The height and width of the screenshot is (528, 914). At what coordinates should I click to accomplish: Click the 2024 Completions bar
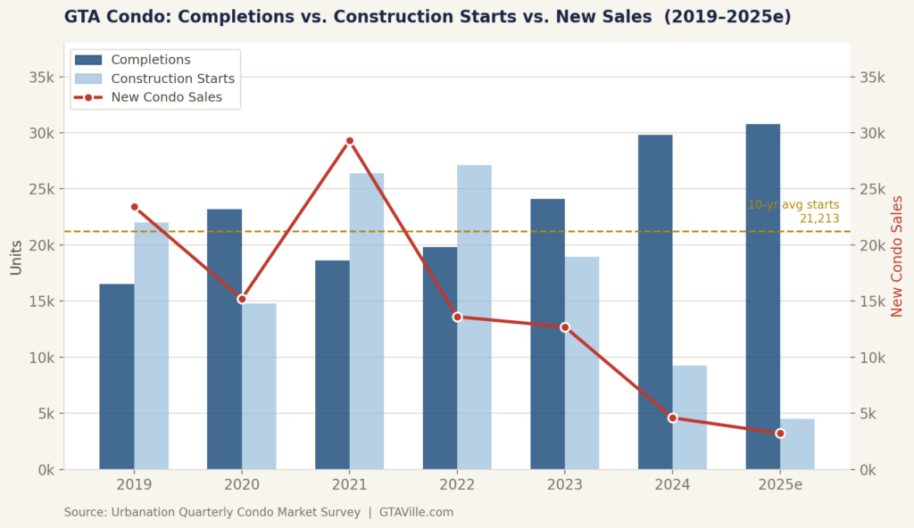tap(655, 301)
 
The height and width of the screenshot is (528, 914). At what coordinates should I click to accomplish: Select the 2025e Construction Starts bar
tap(797, 444)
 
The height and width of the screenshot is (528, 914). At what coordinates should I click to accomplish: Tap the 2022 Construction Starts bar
tap(475, 317)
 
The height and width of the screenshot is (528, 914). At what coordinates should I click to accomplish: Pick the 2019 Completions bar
tap(117, 376)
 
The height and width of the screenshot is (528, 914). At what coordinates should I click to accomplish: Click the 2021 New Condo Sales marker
tap(350, 141)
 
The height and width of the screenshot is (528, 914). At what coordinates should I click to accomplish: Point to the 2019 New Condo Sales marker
tap(135, 207)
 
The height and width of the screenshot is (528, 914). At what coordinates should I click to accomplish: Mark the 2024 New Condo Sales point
tap(673, 418)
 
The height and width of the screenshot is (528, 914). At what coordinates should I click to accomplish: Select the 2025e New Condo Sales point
tap(780, 433)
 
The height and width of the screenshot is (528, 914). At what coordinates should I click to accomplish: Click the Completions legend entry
tap(133, 60)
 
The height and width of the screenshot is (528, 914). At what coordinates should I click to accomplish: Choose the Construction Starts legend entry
tap(154, 78)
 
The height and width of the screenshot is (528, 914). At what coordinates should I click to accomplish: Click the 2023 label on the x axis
tap(565, 484)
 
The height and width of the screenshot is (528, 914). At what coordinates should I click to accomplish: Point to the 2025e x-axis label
tap(780, 484)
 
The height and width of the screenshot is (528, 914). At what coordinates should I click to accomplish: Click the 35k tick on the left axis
tap(41, 77)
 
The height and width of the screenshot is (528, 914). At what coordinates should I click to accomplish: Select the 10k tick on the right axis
tap(872, 358)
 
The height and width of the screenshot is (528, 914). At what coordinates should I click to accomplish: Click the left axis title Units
tap(16, 258)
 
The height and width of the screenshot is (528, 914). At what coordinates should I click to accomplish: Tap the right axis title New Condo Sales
tap(896, 257)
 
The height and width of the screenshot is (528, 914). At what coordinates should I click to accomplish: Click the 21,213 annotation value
tap(819, 219)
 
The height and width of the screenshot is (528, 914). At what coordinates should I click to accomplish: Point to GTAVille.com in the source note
tap(416, 512)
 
